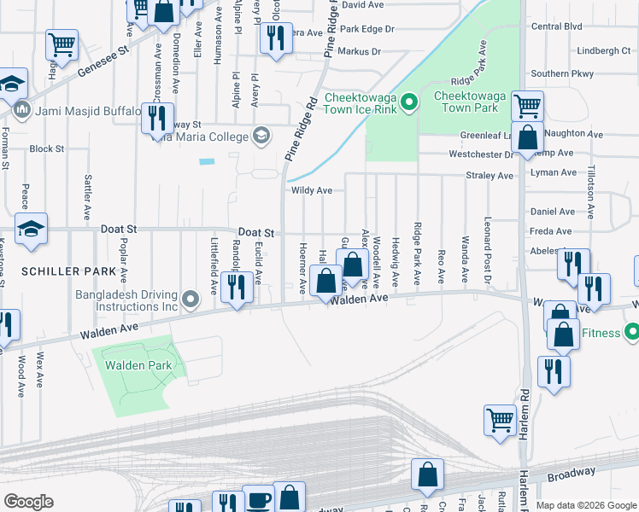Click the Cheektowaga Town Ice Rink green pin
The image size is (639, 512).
(409, 104)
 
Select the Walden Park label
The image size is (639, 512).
(138, 365)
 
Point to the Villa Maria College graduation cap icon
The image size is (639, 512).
(261, 136)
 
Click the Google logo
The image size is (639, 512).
(28, 502)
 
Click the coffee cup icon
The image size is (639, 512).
(259, 499)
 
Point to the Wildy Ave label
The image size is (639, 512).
(312, 191)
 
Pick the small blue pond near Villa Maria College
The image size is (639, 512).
(207, 160)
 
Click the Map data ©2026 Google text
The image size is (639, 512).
(585, 505)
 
